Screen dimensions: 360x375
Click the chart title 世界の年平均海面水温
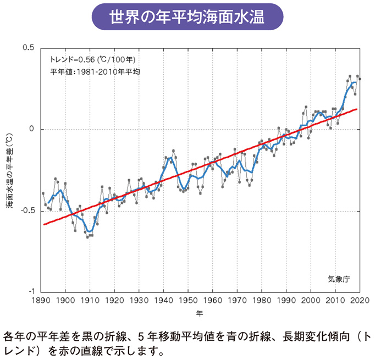187,16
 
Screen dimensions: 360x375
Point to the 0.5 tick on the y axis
28,48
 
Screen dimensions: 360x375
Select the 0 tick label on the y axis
31,129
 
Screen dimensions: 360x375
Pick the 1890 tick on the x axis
41,301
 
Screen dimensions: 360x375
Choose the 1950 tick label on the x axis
188,301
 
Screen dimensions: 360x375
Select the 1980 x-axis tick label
261,301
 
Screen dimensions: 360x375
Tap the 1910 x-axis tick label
90,301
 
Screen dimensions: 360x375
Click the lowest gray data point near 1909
87,237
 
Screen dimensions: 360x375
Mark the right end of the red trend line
357,109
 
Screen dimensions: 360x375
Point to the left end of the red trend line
43,225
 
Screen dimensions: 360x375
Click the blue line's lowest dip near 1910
89,231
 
